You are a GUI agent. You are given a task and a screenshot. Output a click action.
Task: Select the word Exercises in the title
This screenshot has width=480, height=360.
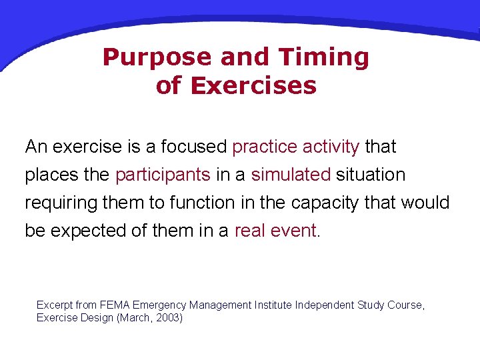pos(254,86)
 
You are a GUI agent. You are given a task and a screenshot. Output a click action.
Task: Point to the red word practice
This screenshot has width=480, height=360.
pos(265,146)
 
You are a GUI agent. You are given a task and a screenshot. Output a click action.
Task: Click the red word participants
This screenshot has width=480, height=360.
pos(163,175)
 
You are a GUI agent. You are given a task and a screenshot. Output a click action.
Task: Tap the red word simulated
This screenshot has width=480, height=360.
pos(291,175)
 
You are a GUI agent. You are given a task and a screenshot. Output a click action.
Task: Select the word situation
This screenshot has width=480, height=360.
pos(371,175)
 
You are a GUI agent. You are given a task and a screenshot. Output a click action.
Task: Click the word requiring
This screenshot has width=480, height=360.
pos(58,203)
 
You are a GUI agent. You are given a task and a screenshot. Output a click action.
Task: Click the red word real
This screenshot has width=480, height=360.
pos(250,231)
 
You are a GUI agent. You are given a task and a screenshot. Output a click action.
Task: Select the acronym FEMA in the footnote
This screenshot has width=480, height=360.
pos(114,305)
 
